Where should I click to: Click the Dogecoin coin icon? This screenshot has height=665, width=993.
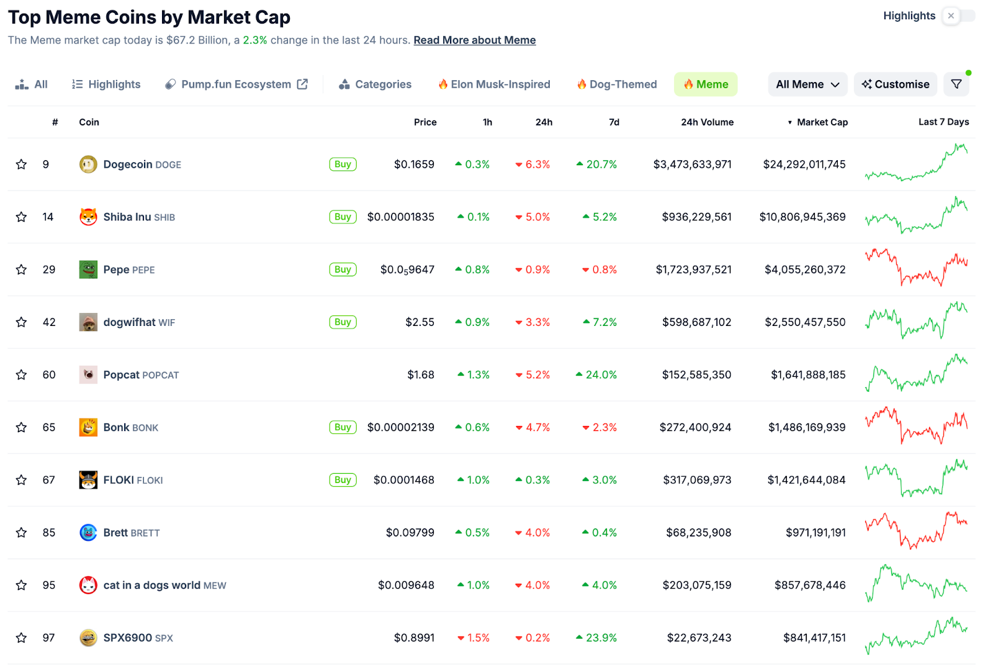coord(88,165)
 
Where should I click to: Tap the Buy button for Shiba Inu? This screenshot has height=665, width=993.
coord(343,217)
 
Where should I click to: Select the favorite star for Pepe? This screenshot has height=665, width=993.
coord(21,269)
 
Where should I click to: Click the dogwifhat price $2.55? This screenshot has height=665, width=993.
coord(420,322)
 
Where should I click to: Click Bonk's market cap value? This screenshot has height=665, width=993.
coord(806,427)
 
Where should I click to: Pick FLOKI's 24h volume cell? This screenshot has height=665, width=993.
coord(697,480)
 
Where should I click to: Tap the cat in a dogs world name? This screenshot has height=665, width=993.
coord(151,585)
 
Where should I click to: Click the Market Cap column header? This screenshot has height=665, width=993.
coord(822,122)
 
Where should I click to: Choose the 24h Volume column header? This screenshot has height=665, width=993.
coord(707,122)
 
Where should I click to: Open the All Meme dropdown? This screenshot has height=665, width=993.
coord(807,84)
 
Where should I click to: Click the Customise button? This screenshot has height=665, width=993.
coord(896,84)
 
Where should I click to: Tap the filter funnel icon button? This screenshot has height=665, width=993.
coord(956,84)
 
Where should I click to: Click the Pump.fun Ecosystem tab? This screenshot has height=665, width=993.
coord(236,84)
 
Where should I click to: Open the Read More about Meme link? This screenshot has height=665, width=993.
coord(474,40)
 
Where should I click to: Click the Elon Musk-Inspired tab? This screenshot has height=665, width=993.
coord(494,84)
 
